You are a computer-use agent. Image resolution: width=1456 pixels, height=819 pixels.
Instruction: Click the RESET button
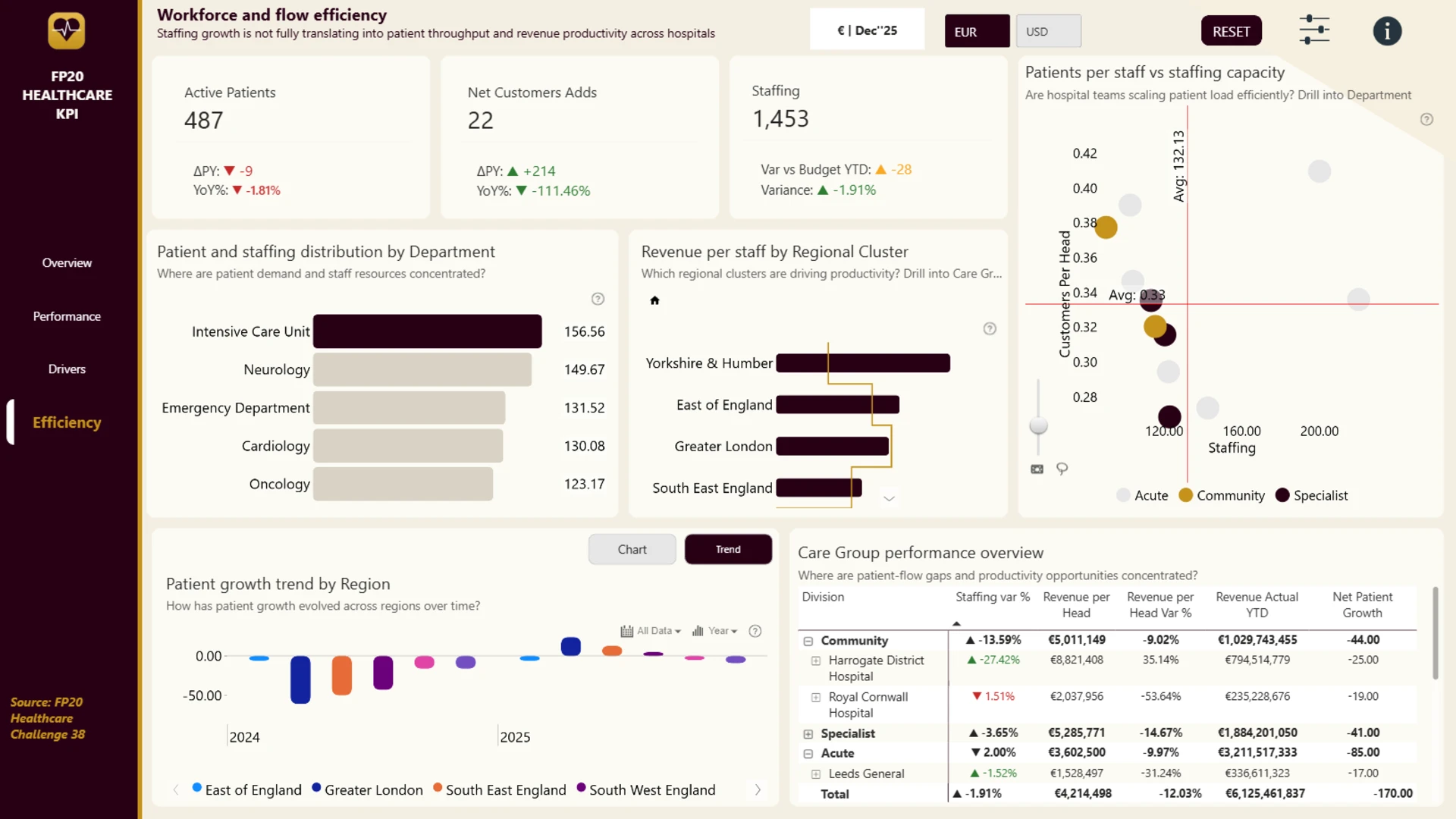pyautogui.click(x=1231, y=31)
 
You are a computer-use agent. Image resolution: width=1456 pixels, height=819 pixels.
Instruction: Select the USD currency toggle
pyautogui.click(x=1048, y=31)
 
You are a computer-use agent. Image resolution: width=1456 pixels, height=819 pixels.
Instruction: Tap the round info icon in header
pyautogui.click(x=1387, y=31)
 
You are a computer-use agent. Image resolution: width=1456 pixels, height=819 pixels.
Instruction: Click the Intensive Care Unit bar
pyautogui.click(x=427, y=331)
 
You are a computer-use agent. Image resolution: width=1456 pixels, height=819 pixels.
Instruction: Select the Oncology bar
pyautogui.click(x=403, y=484)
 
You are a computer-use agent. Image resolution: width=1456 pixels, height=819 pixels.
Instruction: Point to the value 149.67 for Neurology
pyautogui.click(x=584, y=370)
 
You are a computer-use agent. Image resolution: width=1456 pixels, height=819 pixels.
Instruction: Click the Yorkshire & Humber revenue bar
pyautogui.click(x=863, y=363)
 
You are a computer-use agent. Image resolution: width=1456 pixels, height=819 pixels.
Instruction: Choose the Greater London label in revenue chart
pyautogui.click(x=723, y=447)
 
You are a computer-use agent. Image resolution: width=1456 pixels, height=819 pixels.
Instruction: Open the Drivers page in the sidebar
pyautogui.click(x=67, y=369)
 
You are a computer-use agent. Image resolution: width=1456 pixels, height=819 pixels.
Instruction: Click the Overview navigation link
pyautogui.click(x=67, y=263)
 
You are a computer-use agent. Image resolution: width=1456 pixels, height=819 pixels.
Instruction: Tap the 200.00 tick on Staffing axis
pyautogui.click(x=1319, y=431)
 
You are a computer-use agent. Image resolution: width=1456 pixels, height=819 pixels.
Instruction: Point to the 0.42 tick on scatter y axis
pyautogui.click(x=1084, y=153)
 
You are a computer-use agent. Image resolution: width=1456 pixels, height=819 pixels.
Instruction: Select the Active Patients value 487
pyautogui.click(x=203, y=120)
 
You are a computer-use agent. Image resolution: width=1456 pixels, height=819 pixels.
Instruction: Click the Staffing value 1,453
pyautogui.click(x=780, y=119)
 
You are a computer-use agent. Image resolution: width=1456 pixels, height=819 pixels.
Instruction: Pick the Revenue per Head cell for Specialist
pyautogui.click(x=1076, y=733)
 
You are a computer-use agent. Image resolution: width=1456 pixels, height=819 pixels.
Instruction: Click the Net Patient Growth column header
pyautogui.click(x=1362, y=605)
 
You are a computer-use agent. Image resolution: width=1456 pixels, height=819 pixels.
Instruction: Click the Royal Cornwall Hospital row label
pyautogui.click(x=868, y=704)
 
